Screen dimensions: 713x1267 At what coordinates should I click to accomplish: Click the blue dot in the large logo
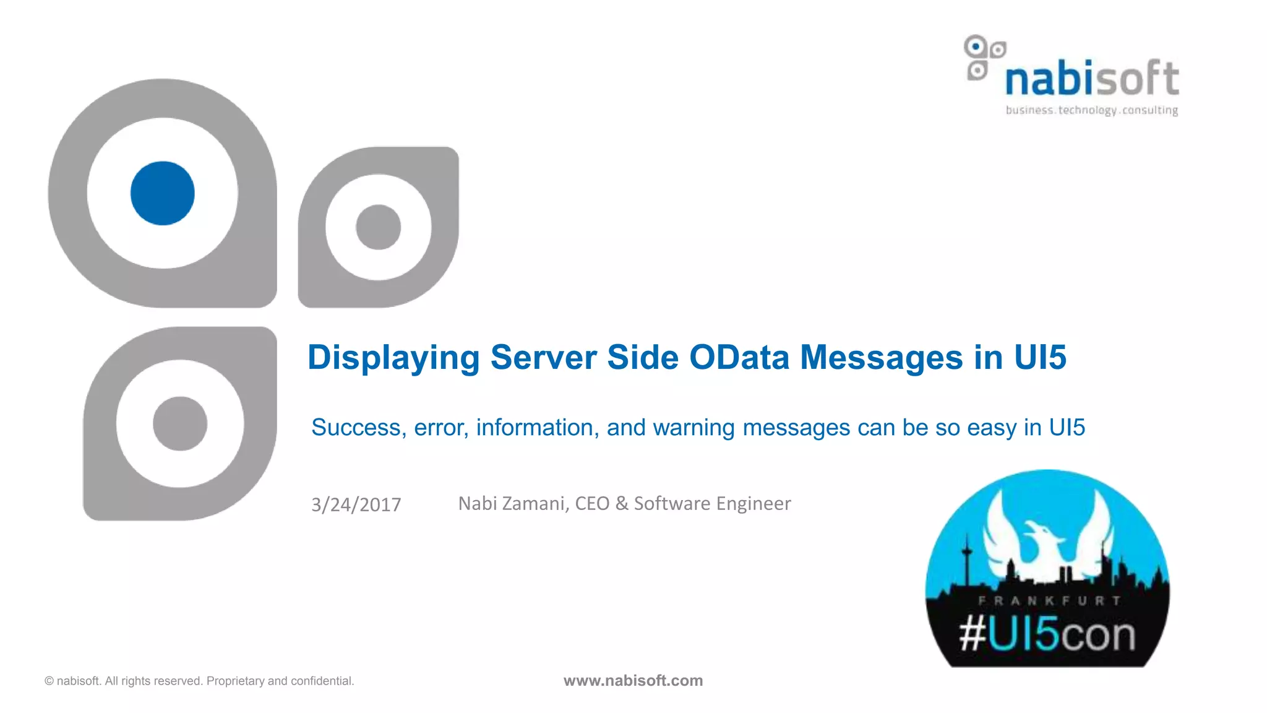[x=163, y=193]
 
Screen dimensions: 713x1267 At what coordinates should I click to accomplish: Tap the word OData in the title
[x=739, y=358]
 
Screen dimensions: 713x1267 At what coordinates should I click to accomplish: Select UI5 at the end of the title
[x=1040, y=358]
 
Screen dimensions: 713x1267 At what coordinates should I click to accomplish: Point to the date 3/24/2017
[x=356, y=504]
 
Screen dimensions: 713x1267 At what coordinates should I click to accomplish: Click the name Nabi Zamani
[x=512, y=503]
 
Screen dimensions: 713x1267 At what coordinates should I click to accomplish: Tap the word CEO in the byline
[x=592, y=503]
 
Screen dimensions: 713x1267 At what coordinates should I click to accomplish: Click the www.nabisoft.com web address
[x=633, y=681]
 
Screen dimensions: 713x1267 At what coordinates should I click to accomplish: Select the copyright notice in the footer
[x=199, y=681]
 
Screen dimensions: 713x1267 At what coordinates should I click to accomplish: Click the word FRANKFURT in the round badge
[x=1049, y=600]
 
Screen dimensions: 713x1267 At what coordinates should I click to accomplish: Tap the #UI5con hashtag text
[x=1047, y=635]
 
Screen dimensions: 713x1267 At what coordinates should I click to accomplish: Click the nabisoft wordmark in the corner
[x=1092, y=79]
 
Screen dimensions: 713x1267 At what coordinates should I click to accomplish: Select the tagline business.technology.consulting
[x=1092, y=110]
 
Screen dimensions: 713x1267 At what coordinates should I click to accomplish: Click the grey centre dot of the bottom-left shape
[x=180, y=423]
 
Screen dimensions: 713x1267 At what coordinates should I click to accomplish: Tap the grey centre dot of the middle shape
[x=378, y=227]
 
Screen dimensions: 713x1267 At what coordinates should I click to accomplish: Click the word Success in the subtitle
[x=358, y=428]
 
